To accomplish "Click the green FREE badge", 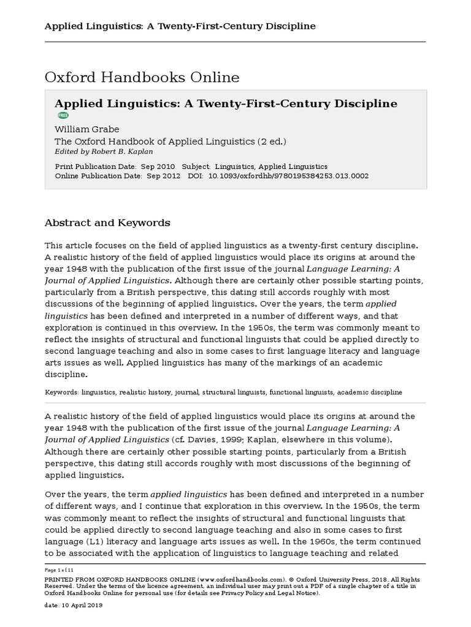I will click(63, 115).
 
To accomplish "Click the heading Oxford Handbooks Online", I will click(142, 78).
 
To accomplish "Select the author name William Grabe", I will click(87, 129).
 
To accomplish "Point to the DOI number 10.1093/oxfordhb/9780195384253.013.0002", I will click(289, 176).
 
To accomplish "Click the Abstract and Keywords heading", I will click(108, 223).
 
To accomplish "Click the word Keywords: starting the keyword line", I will click(62, 392).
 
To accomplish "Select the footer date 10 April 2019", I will click(82, 605).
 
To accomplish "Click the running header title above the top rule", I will click(180, 26).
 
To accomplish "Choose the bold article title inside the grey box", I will click(226, 103).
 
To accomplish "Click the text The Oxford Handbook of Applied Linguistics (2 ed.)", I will click(170, 141).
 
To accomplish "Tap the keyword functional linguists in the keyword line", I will click(301, 392).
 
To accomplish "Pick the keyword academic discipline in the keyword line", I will click(370, 392).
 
